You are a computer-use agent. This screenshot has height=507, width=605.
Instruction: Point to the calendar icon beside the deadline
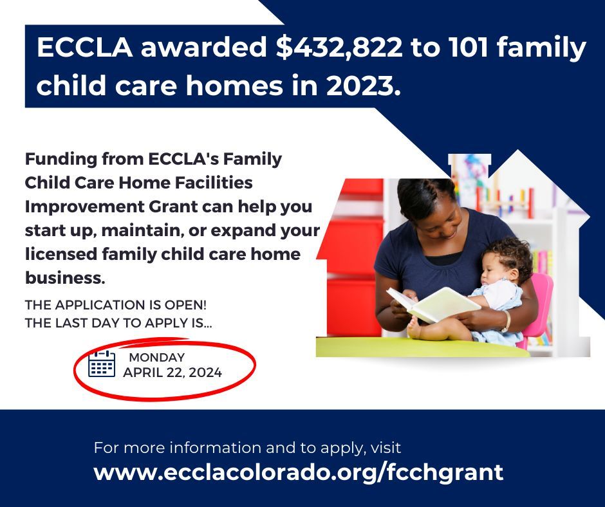click(102, 364)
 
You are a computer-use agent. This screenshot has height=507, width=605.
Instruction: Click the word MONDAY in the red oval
click(157, 358)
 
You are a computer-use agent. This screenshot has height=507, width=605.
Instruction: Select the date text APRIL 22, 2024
click(172, 373)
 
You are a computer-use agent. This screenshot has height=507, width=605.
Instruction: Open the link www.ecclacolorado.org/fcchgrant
click(298, 472)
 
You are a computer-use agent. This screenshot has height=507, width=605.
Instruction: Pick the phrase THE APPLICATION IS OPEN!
click(116, 306)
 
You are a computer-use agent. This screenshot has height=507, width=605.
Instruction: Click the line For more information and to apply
click(247, 447)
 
